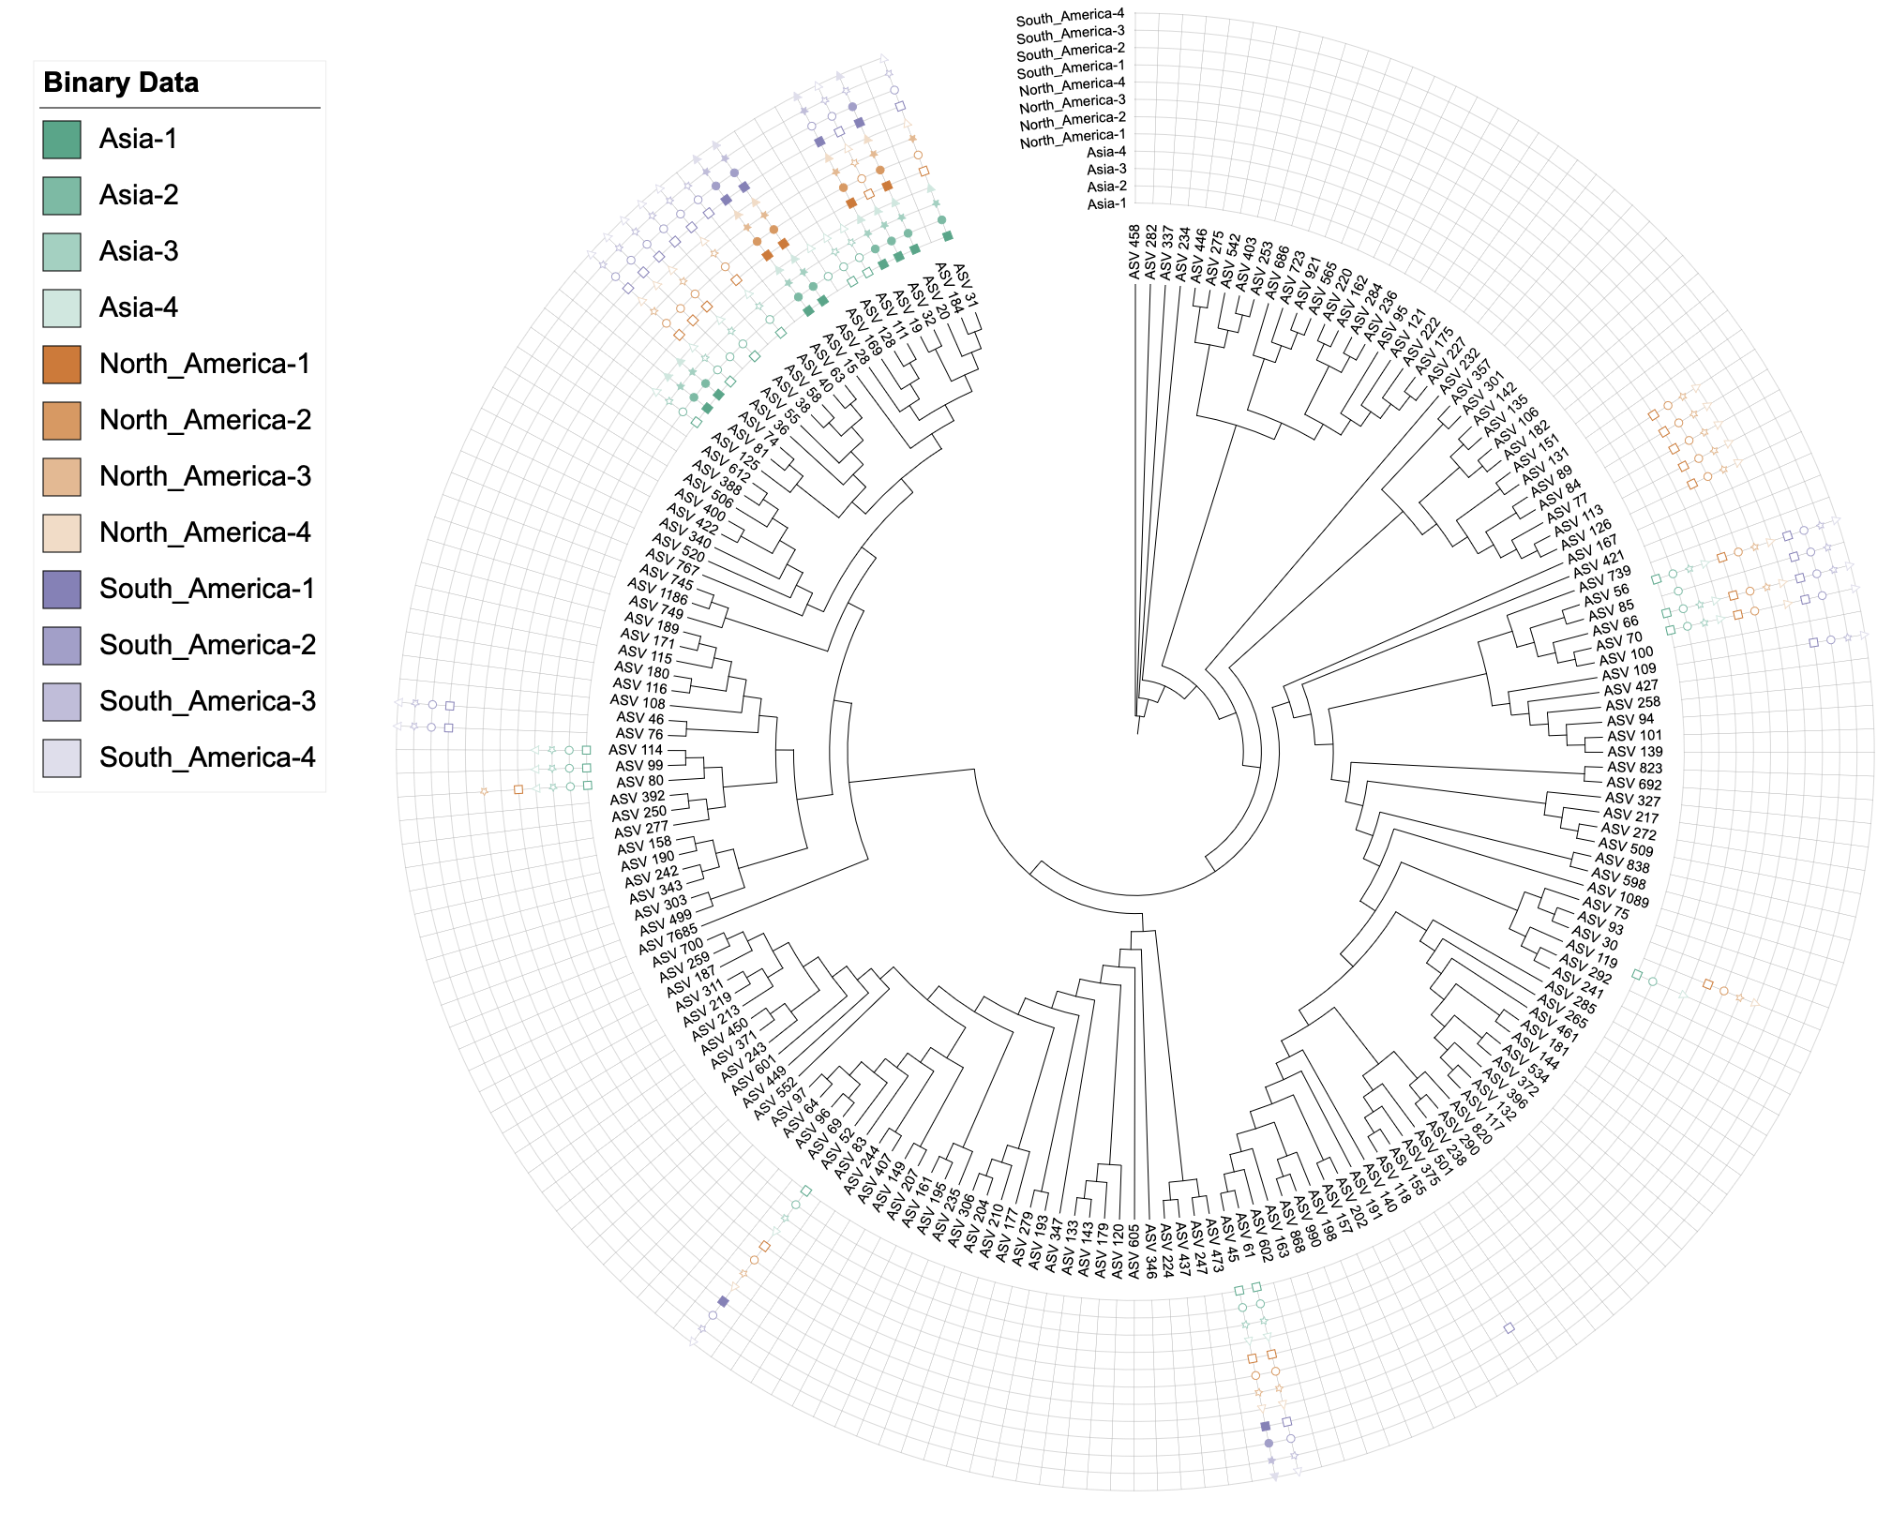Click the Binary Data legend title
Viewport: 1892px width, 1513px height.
pos(121,82)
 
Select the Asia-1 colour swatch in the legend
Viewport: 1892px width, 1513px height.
pos(62,140)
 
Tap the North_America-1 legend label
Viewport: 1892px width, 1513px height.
pos(204,364)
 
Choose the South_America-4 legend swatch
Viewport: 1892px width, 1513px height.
pos(62,758)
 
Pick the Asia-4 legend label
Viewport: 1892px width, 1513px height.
pos(139,307)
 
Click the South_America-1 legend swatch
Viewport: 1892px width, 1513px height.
pos(62,590)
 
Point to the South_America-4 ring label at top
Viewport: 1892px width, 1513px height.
pos(1070,17)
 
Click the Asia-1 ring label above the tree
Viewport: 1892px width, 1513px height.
pos(1106,203)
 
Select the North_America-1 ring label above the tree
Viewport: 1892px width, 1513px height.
pos(1073,139)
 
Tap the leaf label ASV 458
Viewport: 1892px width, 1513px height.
pos(1134,251)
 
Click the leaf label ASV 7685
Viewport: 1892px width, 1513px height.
pos(668,938)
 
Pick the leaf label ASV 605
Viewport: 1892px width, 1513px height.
pos(1134,1251)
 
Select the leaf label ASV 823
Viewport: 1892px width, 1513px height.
pos(1634,768)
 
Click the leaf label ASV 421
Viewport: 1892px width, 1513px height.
pos(1599,563)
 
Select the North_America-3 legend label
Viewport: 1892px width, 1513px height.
pos(205,476)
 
